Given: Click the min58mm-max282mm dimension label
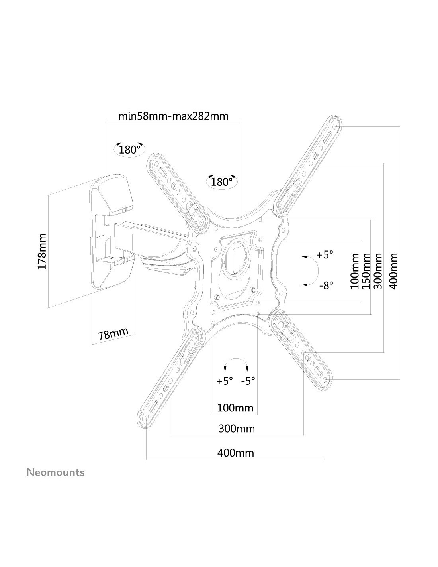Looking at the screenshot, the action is [173, 116].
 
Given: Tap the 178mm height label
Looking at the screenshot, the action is [42, 252].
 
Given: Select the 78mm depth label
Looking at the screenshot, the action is [113, 334].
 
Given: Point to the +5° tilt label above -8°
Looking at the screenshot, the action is [325, 255].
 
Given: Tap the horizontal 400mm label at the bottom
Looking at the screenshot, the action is [236, 453].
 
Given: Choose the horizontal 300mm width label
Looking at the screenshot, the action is [237, 429].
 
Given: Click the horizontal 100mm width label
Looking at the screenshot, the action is [235, 408].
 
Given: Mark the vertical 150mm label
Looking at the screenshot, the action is [367, 271].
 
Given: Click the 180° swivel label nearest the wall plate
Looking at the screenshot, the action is [130, 150].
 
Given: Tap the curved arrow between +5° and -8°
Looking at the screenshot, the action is [317, 271].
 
